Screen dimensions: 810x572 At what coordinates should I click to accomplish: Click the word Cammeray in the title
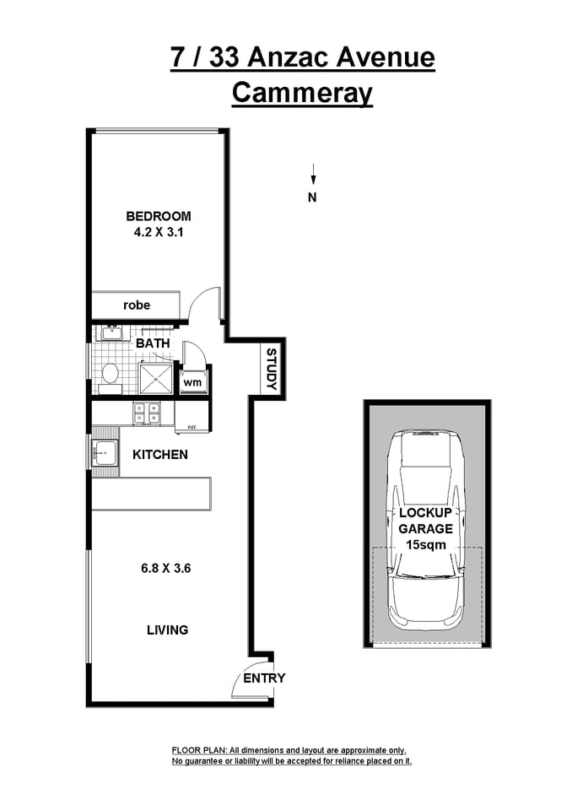pos(302,93)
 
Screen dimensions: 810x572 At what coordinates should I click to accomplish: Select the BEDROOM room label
pos(159,216)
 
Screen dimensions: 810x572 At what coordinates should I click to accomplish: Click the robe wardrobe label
pos(137,305)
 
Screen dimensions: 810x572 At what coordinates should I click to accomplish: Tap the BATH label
pos(153,343)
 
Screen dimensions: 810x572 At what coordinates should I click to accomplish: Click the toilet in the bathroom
pos(110,375)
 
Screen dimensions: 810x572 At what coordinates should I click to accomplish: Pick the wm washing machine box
pos(193,382)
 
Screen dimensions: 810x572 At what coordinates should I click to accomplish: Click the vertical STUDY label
pos(272,369)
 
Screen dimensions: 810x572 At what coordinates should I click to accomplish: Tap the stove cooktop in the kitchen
pos(147,413)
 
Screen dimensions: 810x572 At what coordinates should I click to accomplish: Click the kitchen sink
pos(105,454)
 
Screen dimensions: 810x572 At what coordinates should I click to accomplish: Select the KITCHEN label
pos(159,455)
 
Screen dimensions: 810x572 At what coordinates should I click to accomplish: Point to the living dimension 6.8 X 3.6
pos(166,568)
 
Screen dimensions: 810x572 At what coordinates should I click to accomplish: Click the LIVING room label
pos(167,629)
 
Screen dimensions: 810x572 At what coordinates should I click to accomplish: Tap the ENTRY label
pos(264,678)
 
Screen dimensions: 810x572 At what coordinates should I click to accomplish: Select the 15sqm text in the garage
pos(426,545)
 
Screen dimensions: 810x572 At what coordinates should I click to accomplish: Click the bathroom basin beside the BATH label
pos(110,333)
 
